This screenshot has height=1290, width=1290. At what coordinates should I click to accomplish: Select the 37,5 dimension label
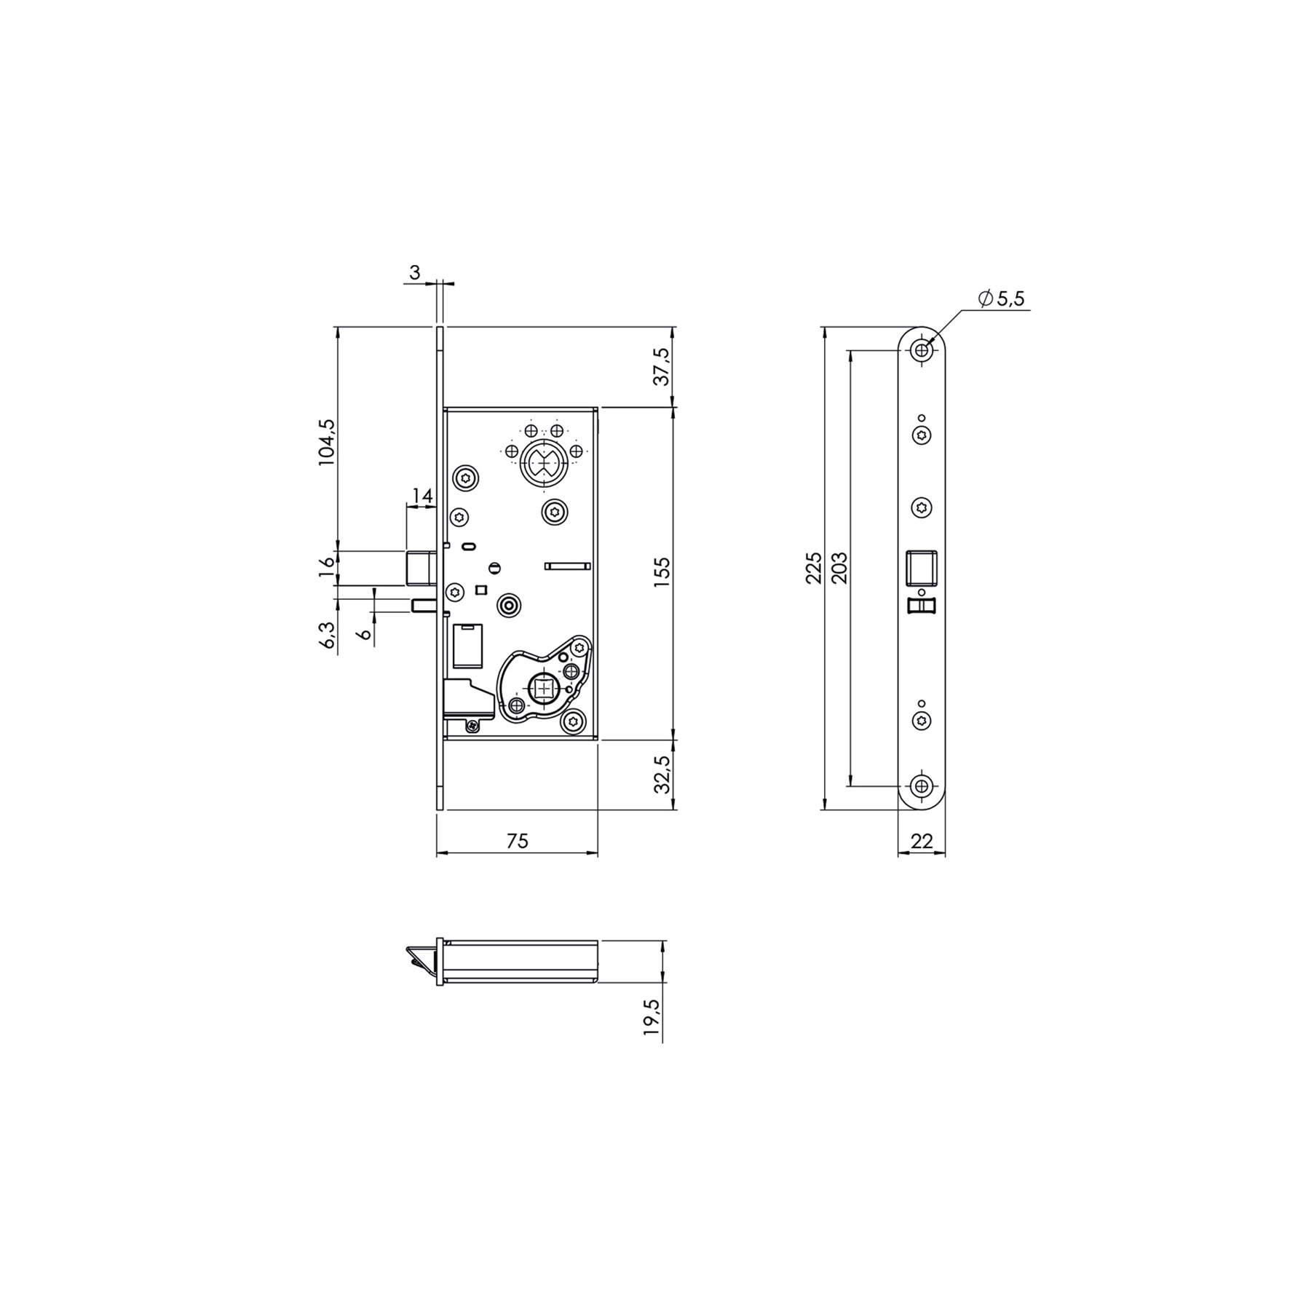pyautogui.click(x=662, y=366)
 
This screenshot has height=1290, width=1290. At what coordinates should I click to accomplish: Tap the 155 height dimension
pyautogui.click(x=662, y=573)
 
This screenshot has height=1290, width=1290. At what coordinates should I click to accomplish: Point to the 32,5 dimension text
pyautogui.click(x=662, y=774)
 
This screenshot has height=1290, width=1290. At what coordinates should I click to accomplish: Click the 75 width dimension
pyautogui.click(x=517, y=841)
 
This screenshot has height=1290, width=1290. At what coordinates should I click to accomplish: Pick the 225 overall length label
pyautogui.click(x=815, y=568)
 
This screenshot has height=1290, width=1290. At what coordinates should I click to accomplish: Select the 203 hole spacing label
pyautogui.click(x=839, y=568)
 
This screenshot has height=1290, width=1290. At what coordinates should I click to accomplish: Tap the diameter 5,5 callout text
pyautogui.click(x=1002, y=298)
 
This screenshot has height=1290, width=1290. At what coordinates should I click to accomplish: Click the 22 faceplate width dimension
pyautogui.click(x=922, y=841)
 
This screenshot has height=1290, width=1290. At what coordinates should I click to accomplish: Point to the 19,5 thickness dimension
pyautogui.click(x=652, y=1017)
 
